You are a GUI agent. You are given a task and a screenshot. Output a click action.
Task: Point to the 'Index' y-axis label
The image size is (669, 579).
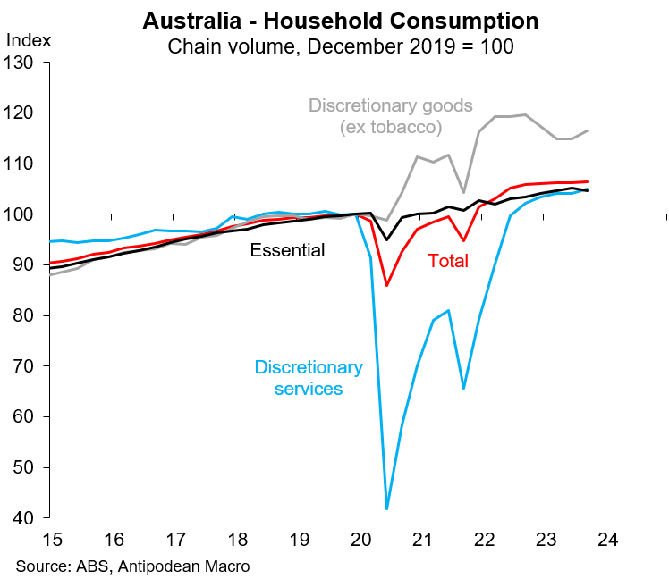click(29, 39)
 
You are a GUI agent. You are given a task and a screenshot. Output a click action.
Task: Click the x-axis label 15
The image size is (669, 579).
click(50, 540)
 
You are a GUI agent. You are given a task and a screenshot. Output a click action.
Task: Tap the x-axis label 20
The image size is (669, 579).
click(360, 540)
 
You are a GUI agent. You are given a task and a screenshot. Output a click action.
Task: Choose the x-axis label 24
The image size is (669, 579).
click(608, 540)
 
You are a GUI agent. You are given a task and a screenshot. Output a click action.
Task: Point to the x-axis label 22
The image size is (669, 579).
click(484, 540)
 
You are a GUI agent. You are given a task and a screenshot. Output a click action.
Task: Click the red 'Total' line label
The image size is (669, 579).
click(448, 261)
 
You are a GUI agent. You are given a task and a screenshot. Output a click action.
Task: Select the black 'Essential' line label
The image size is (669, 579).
click(288, 250)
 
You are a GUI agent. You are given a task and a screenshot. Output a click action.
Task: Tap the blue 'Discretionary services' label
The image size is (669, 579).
click(309, 378)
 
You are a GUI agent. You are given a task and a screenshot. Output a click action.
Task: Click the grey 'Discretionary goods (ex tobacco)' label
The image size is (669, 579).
click(390, 116)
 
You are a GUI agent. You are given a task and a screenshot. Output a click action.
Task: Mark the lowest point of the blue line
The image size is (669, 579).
click(386, 508)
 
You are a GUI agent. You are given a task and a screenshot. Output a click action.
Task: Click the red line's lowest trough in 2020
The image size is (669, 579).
click(386, 285)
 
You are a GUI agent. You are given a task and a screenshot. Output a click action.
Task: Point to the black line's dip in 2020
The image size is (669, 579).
click(386, 240)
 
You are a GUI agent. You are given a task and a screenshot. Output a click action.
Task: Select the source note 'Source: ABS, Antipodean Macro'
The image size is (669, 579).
click(132, 566)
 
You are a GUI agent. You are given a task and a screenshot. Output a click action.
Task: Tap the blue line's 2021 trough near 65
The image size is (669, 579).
click(463, 388)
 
